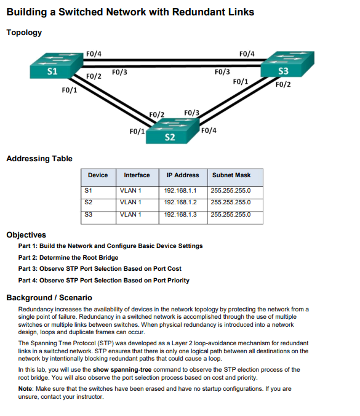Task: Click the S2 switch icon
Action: (172, 130)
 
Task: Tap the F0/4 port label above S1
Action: (94, 54)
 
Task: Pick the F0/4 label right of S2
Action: (208, 130)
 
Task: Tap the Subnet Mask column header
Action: (231, 175)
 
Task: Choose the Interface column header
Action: (137, 175)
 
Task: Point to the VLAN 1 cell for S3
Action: (131, 214)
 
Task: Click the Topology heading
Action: (24, 33)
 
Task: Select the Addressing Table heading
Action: (39, 159)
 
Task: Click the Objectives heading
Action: (26, 234)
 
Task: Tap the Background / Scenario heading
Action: (49, 297)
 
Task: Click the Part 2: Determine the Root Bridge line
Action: (68, 257)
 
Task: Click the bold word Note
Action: (26, 389)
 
